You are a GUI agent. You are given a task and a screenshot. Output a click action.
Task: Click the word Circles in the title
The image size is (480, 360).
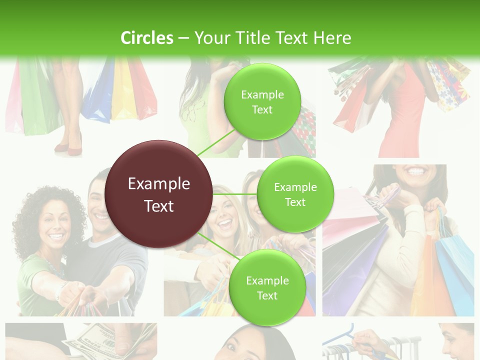coord(146,38)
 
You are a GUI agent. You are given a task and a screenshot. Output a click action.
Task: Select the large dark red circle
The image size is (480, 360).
coord(158,194)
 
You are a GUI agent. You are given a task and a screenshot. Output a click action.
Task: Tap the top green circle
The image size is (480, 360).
coord(262,101)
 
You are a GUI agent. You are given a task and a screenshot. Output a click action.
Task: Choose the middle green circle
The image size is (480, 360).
coord(295,194)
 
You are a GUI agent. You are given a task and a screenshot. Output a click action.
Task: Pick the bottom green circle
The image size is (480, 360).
coord(267,287)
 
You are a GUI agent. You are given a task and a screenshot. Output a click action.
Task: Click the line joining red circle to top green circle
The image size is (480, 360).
coord(215,142)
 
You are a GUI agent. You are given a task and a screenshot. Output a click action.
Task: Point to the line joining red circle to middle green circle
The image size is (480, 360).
coord(234,194)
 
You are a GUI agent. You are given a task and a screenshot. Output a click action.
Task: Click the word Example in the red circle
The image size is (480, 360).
coord(158,184)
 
